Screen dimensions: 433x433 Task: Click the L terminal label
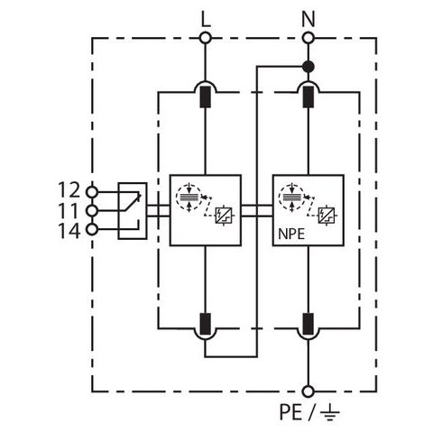click(206, 20)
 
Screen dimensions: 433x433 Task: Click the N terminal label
click(309, 20)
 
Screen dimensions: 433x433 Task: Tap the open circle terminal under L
click(206, 38)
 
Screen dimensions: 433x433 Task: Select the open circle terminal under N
click(309, 38)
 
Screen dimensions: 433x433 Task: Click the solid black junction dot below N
click(309, 67)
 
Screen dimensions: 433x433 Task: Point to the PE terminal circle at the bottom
click(309, 392)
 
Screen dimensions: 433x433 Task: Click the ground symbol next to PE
click(329, 413)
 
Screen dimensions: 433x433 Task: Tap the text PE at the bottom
click(290, 412)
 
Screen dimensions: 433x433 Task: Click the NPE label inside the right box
click(291, 235)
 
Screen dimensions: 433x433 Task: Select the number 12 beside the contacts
click(69, 190)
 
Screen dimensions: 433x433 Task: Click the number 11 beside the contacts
click(69, 210)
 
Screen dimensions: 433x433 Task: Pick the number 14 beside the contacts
click(69, 231)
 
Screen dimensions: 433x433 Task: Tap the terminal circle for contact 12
click(92, 191)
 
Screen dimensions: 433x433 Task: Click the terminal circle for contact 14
click(92, 229)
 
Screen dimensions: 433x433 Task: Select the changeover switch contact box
click(133, 211)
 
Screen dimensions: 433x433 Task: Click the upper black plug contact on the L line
click(206, 97)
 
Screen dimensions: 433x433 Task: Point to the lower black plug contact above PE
click(309, 324)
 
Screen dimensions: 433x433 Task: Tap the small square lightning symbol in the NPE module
click(327, 216)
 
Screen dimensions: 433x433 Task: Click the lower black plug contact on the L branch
click(206, 324)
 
